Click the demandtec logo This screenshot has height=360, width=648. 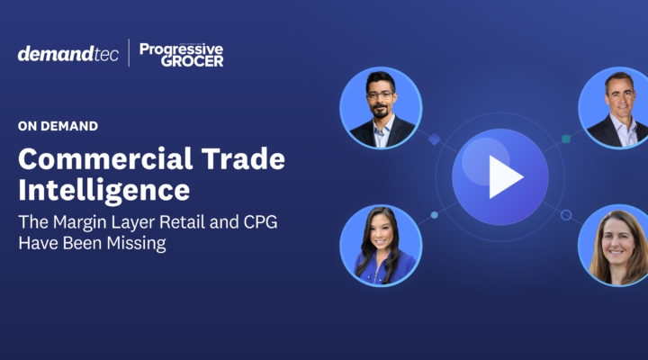click(x=68, y=53)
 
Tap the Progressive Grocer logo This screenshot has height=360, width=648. click(x=182, y=55)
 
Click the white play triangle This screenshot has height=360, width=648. click(x=506, y=177)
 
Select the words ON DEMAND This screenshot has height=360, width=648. click(x=58, y=126)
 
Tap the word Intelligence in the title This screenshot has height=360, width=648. click(x=104, y=191)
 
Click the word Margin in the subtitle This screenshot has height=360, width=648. click(x=79, y=222)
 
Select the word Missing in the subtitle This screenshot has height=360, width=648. click(x=137, y=243)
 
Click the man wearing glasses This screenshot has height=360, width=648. click(x=381, y=108)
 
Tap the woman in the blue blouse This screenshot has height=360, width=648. click(x=381, y=246)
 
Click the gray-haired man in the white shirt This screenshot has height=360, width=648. click(x=616, y=108)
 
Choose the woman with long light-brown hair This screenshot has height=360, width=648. click(x=616, y=246)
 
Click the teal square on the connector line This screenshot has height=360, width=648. click(x=566, y=139)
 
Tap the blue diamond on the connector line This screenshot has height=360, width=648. click(x=434, y=139)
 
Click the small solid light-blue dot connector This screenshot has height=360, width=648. click(x=435, y=215)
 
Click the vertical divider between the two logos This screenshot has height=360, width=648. click(x=129, y=53)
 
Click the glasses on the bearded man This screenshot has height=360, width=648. click(x=381, y=95)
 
